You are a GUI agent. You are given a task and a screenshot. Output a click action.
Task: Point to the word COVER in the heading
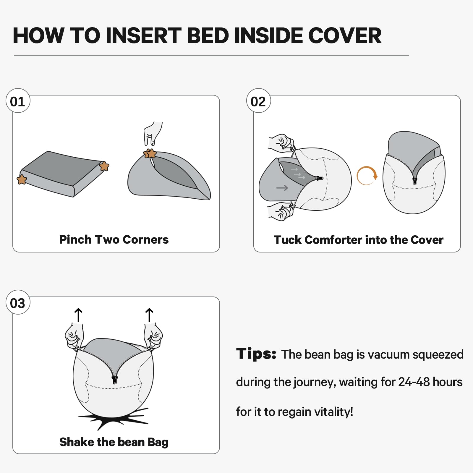pos(345,36)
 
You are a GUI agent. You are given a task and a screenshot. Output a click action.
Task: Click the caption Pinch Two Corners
pos(114,239)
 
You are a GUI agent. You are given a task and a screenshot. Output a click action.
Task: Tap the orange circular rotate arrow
pos(367,176)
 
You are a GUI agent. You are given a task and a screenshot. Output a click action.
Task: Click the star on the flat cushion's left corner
pos(22,179)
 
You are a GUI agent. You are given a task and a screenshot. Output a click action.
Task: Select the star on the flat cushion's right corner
pos(104,166)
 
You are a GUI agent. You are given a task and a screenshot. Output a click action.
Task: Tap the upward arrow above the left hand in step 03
pos(78,315)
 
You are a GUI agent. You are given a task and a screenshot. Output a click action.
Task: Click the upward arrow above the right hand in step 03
pos(149,315)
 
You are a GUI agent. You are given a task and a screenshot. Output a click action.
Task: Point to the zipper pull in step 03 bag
pos(115,380)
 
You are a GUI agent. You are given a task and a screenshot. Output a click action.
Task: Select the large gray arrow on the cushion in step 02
pos(282,188)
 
